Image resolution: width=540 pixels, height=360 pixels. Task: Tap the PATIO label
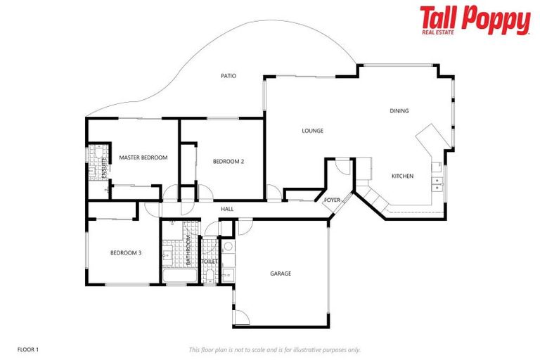coord(228,75)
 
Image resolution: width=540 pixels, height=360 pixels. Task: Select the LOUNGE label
coord(312,130)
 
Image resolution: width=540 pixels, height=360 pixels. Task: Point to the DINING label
coord(399,110)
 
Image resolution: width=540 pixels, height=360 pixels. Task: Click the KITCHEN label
coord(402,176)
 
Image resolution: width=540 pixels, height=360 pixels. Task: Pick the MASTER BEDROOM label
coord(143,157)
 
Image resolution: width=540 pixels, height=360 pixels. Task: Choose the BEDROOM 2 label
coord(229,161)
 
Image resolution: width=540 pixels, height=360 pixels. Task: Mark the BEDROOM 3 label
coord(126,252)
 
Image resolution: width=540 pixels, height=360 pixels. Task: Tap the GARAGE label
coord(281,274)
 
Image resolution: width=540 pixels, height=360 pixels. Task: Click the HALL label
coord(227,209)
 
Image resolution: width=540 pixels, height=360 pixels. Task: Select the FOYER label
coord(332,200)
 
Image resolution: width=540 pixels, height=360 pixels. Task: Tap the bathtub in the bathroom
coord(179,275)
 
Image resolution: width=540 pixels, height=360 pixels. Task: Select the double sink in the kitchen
coord(437,184)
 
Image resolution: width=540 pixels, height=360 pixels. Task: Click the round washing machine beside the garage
coord(227,247)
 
